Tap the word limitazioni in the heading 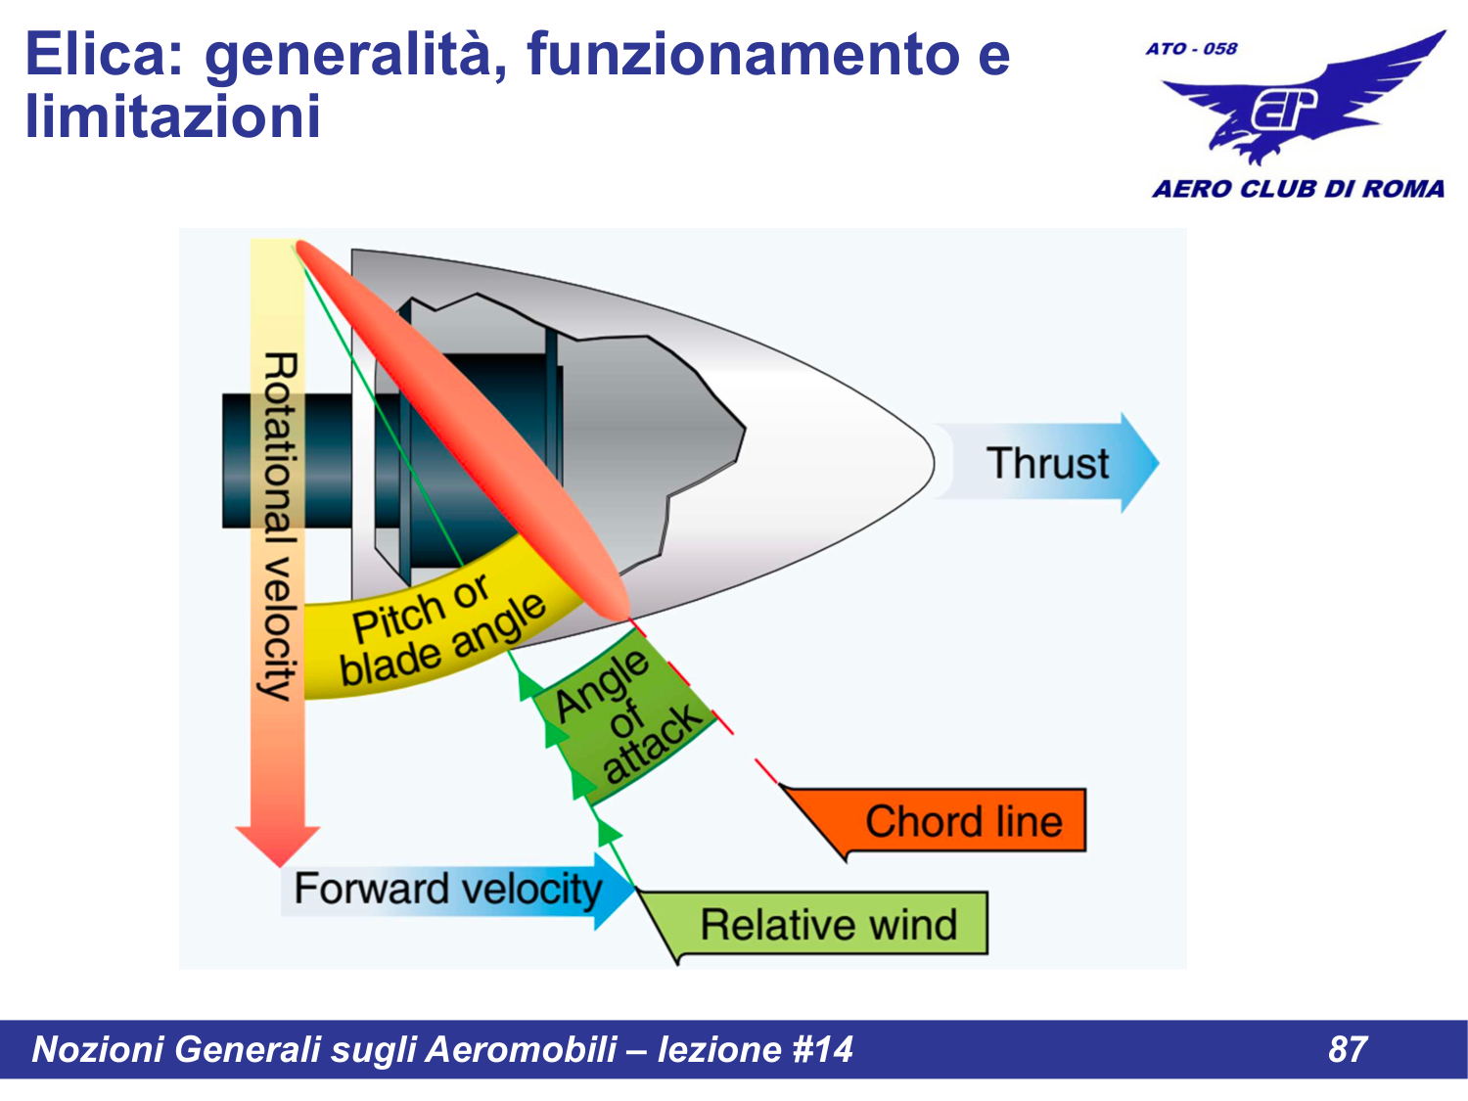click(173, 117)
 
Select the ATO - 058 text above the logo click(1191, 49)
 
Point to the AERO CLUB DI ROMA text click(1298, 189)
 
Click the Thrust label click(1047, 463)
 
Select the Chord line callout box click(963, 821)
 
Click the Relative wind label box click(828, 924)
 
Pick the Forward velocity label click(447, 890)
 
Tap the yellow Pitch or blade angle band click(440, 631)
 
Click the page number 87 click(1347, 1049)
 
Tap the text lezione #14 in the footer click(755, 1049)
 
